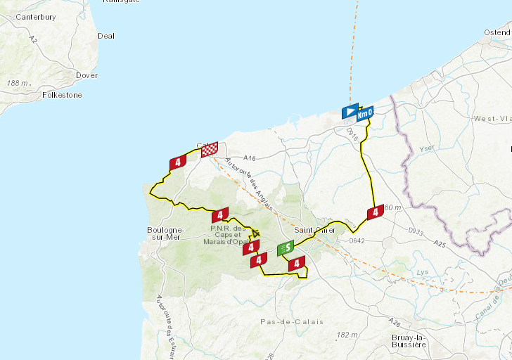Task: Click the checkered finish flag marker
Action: pos(209,150)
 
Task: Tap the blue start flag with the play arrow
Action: pos(349,112)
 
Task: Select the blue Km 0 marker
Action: pos(364,113)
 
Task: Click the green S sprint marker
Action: pos(286,248)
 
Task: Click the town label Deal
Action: pos(106,36)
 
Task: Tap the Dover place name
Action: pos(87,75)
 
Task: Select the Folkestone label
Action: pos(62,95)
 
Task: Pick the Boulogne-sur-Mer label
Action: pos(165,234)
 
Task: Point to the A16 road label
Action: pos(251,159)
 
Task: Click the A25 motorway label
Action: pos(440,244)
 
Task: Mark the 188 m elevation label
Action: pos(18,83)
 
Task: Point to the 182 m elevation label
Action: pos(347,335)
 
